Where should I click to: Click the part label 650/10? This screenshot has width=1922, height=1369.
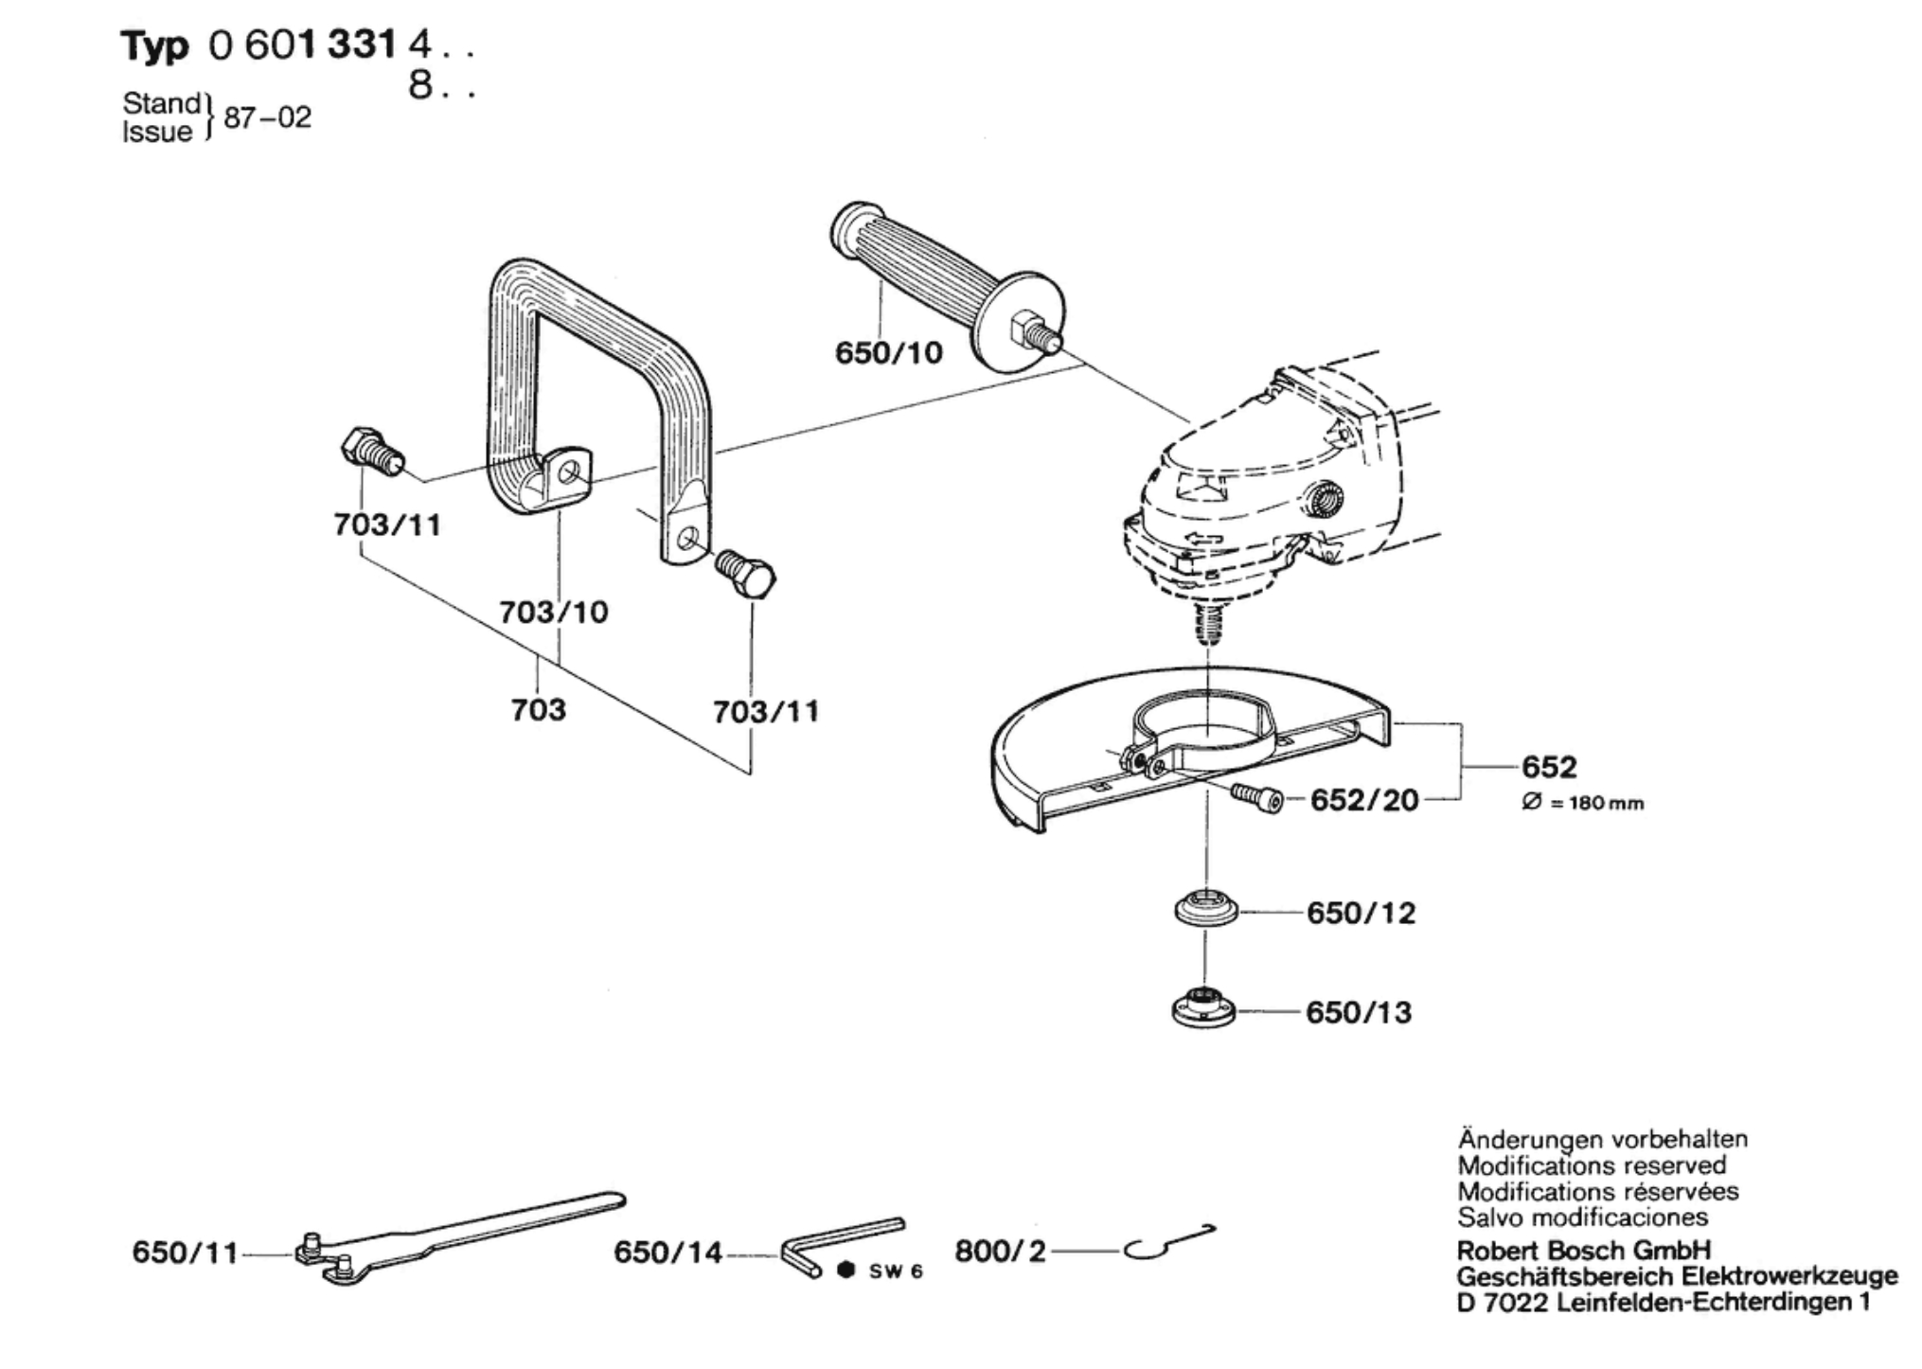pos(888,353)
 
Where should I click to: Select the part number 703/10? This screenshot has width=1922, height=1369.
pos(554,612)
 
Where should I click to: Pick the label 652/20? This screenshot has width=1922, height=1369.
pos(1363,801)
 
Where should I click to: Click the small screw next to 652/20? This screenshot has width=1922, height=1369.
pos(1257,798)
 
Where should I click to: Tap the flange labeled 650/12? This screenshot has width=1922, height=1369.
pos(1204,911)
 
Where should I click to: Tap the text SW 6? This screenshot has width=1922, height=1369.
pos(895,1271)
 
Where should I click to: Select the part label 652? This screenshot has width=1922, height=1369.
pos(1549,766)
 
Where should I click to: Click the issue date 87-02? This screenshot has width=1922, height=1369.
pos(267,117)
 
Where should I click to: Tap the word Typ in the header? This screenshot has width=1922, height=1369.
pos(154,45)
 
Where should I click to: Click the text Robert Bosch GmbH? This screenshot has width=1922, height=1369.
pos(1583,1250)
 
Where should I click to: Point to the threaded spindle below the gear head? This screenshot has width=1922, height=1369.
pos(1205,625)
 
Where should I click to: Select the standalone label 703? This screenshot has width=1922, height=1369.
pos(538,709)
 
